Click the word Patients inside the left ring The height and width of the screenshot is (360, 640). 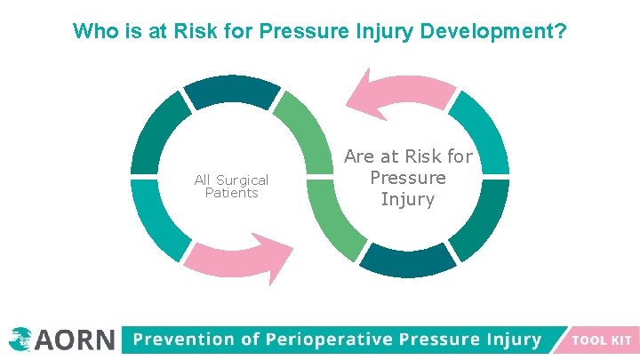pos(231,193)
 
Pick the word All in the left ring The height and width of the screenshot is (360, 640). pos(204,180)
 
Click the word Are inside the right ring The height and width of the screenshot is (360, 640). pos(360,156)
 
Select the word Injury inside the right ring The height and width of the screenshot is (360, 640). pos(408,199)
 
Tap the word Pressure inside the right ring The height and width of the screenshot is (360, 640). pos(408,178)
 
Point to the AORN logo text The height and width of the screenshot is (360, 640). pos(76,340)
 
